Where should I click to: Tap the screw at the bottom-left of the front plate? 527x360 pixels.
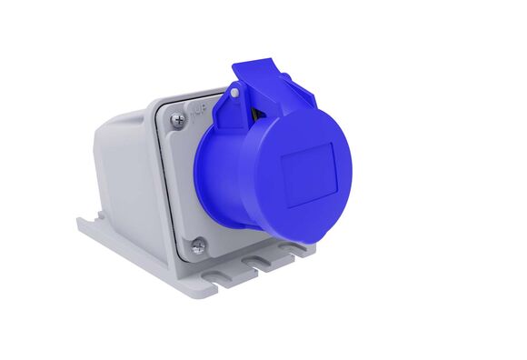[198, 244]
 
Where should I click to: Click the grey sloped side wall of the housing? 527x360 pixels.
[123, 173]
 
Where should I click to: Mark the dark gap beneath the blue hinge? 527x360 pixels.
[257, 113]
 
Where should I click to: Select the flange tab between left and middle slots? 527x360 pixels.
[238, 274]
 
